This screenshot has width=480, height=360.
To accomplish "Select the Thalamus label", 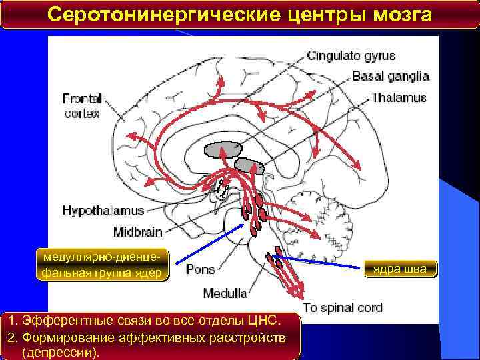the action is (x=398, y=97).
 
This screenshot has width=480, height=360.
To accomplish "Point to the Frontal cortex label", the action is (x=81, y=107).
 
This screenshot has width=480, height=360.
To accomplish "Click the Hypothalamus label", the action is (x=103, y=211).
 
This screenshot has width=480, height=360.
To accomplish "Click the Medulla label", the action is (x=225, y=293).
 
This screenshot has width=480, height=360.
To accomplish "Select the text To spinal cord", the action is (x=343, y=307).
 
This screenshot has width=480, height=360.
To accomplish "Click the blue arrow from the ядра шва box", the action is (x=320, y=262).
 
